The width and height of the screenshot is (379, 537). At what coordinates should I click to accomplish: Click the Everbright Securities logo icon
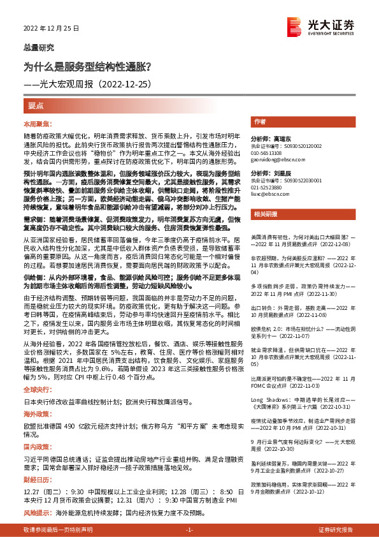coord(294,25)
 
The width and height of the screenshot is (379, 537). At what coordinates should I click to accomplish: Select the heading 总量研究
coord(39,47)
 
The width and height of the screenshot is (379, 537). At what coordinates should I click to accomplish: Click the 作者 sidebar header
coord(259,121)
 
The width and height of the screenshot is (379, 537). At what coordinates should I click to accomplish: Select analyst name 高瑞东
coord(279,138)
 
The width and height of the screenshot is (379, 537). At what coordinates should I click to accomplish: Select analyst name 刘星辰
coord(279,173)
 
